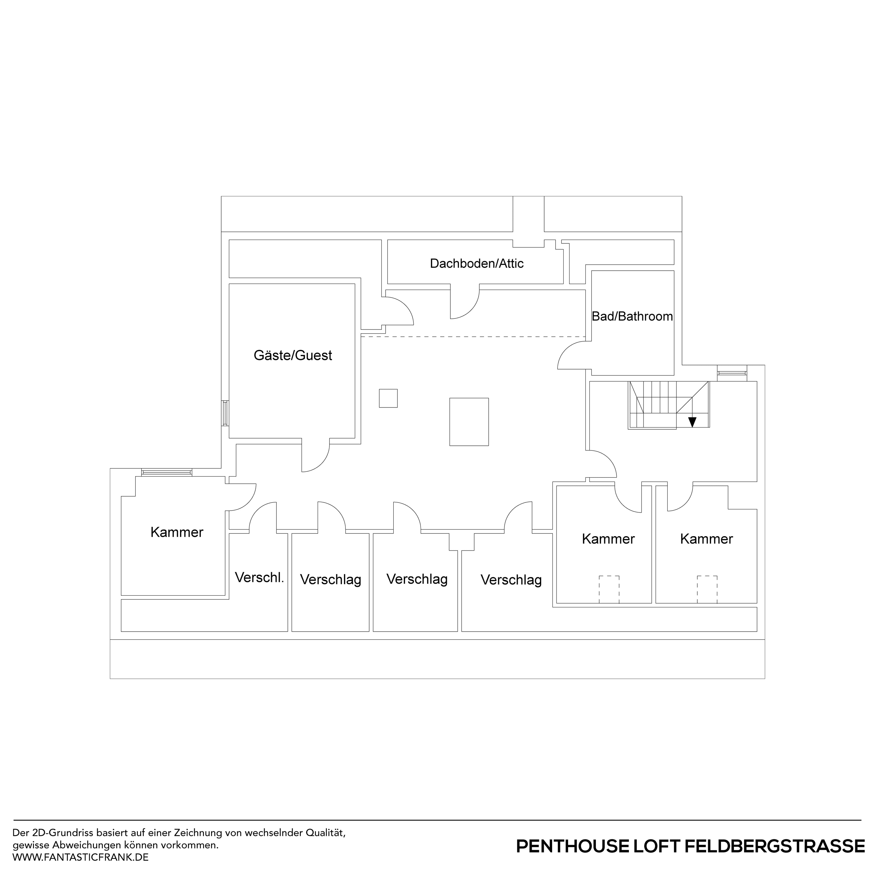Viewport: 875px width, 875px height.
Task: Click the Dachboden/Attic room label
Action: point(476,264)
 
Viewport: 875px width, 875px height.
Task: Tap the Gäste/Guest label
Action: point(293,355)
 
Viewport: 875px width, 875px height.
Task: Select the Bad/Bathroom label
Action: point(632,317)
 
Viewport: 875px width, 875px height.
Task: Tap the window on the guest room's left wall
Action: point(225,413)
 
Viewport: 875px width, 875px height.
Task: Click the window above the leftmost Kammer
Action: point(167,472)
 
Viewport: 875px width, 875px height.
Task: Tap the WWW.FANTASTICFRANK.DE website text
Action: point(81,857)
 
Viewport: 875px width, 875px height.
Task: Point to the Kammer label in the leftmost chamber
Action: point(177,532)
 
